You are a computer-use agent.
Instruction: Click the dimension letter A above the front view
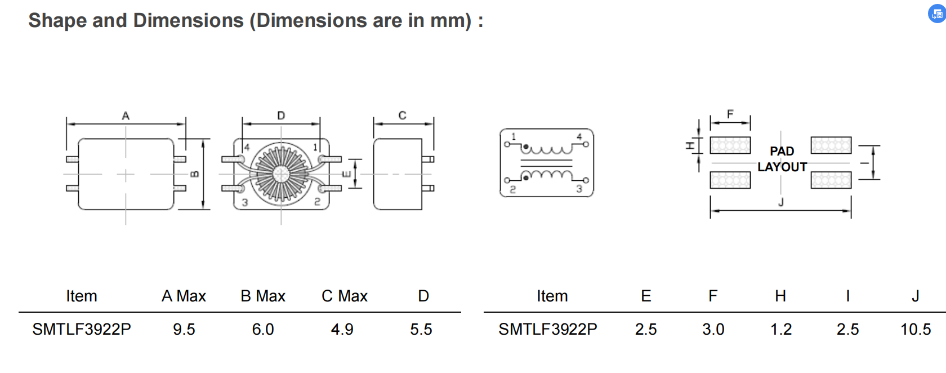pos(126,116)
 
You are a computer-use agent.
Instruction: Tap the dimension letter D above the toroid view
pos(281,116)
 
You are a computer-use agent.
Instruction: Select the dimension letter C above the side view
pos(402,116)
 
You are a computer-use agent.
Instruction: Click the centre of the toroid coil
pos(281,174)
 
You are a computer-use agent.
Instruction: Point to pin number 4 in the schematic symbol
pos(579,136)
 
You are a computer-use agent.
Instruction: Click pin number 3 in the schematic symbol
pos(579,189)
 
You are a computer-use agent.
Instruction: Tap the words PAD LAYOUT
pos(782,159)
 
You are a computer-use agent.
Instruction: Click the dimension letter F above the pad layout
pos(730,114)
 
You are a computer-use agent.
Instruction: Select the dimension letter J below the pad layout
pos(781,202)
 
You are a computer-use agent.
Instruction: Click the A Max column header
pos(184,296)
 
